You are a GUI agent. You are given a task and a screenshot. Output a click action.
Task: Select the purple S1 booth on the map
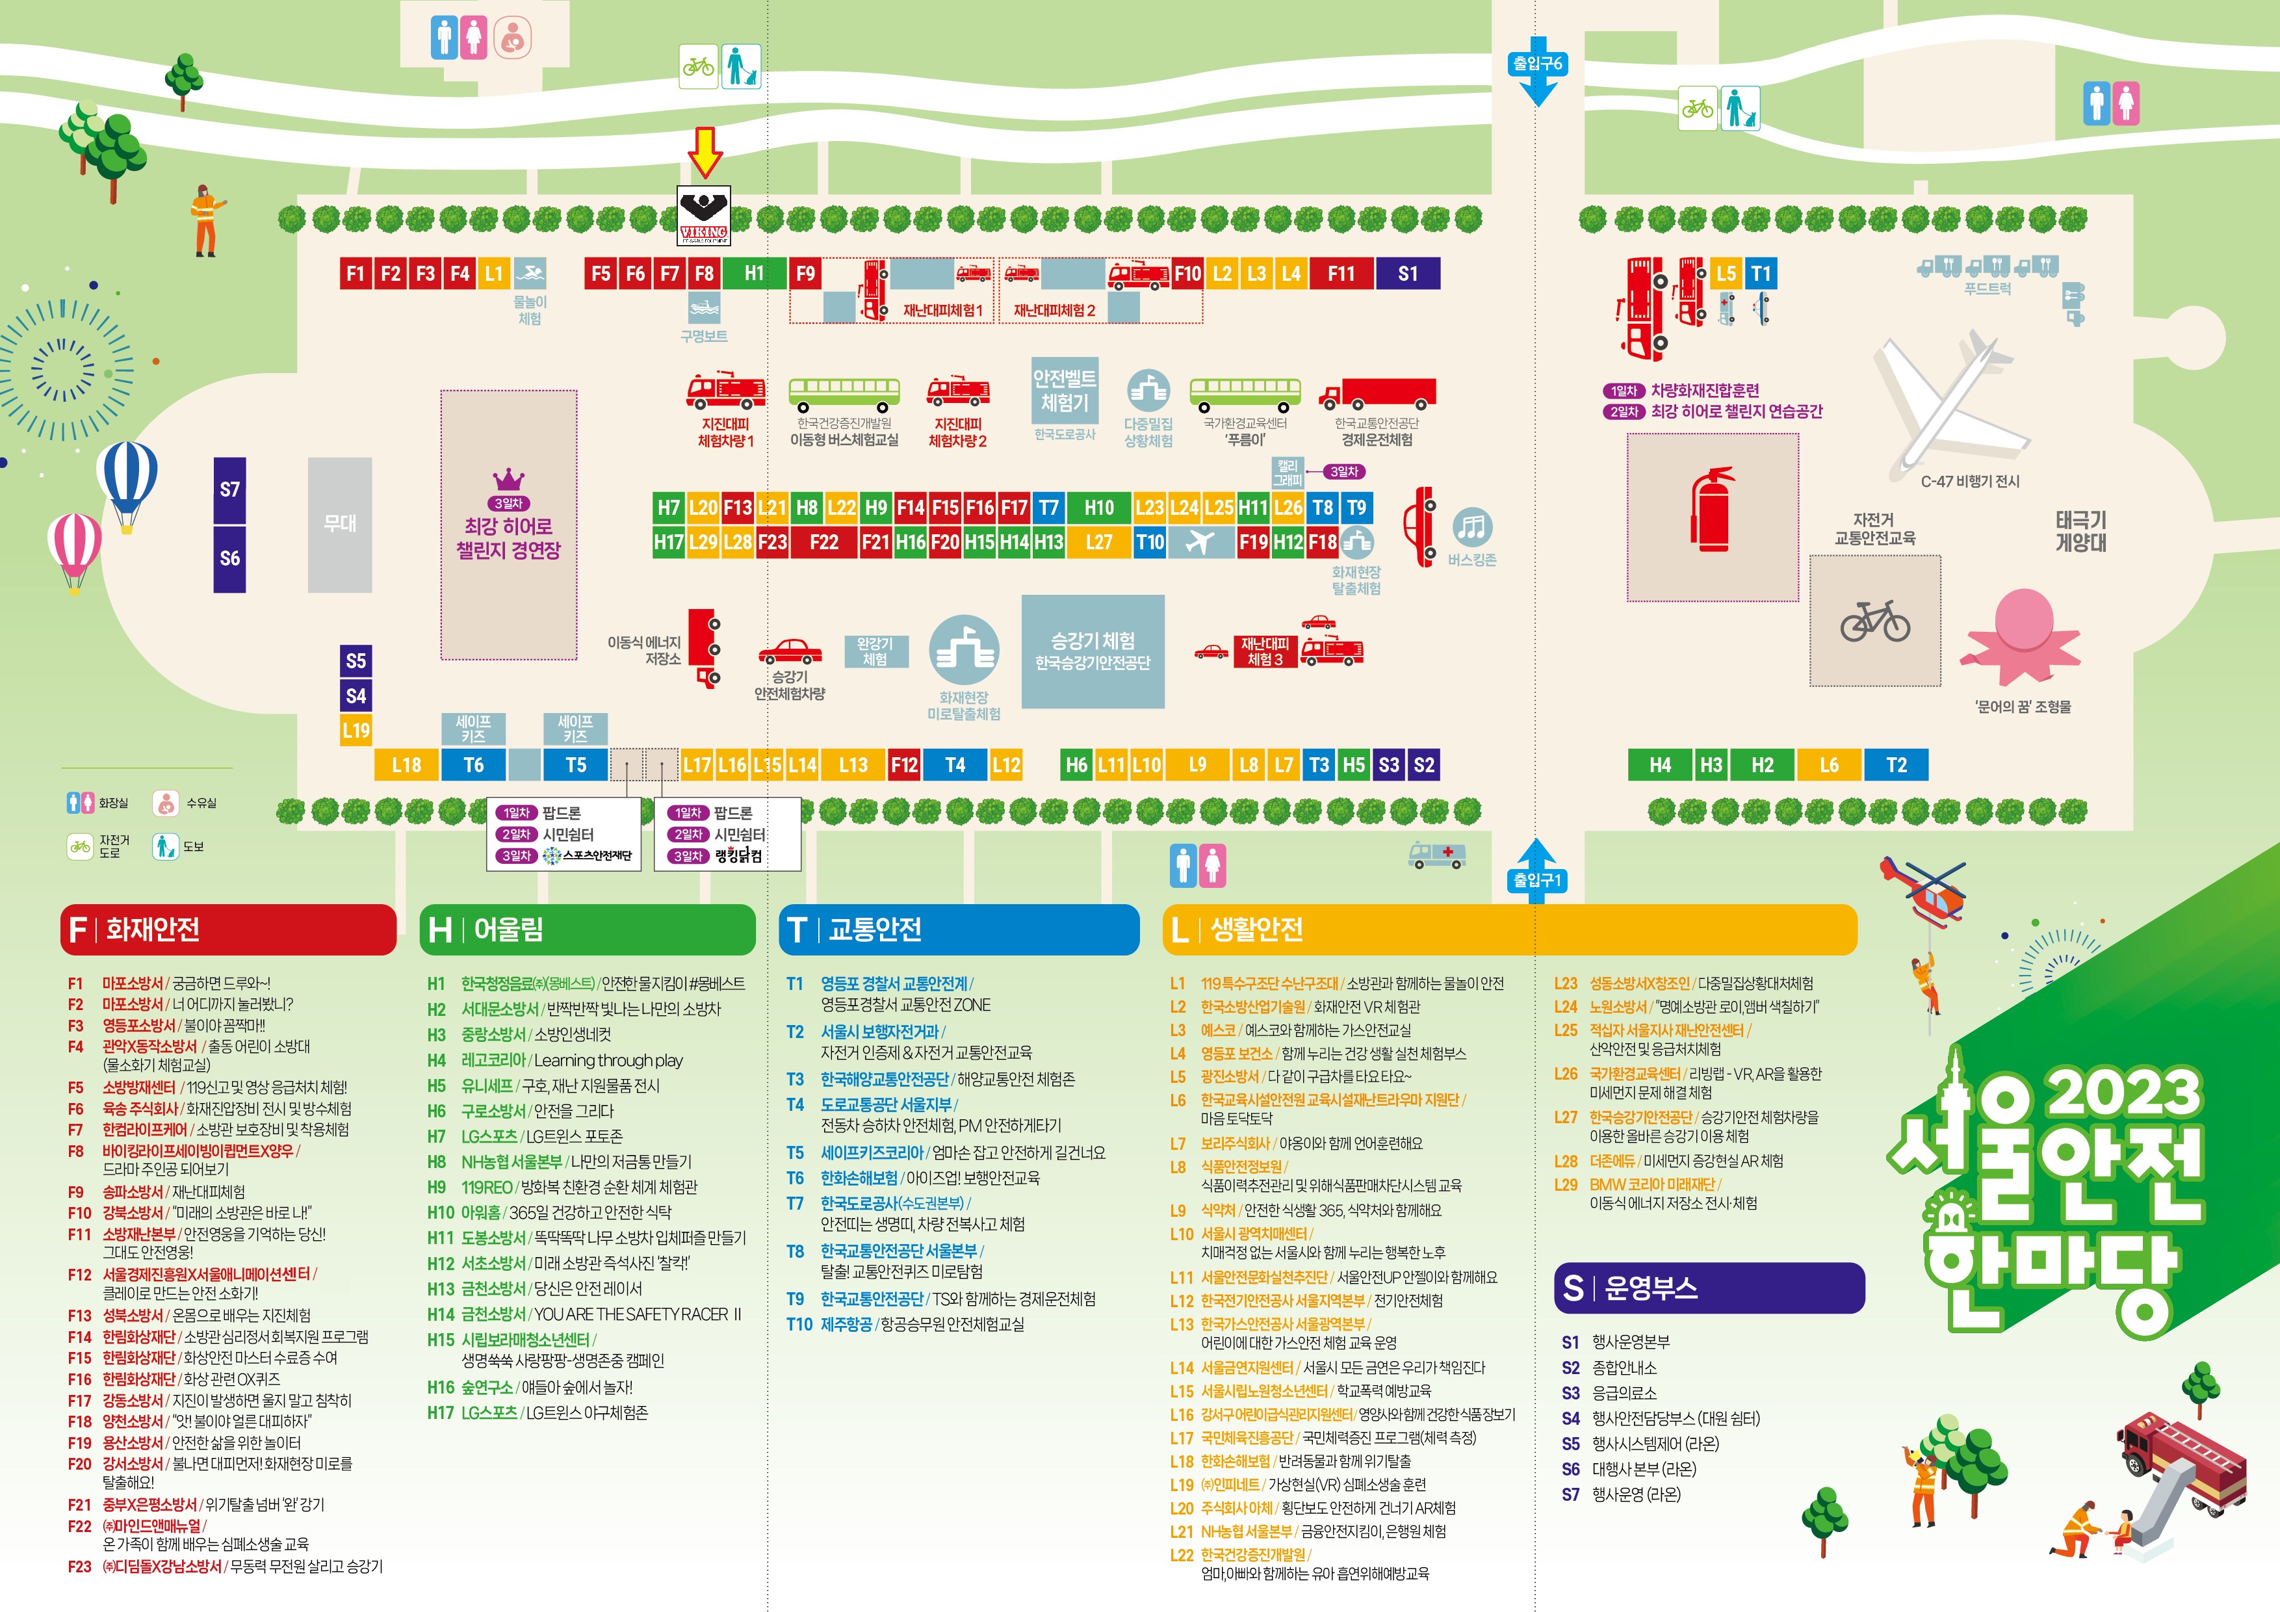click(1407, 273)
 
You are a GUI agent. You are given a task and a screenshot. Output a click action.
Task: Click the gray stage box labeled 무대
click(340, 525)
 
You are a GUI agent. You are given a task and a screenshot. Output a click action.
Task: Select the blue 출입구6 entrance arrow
click(1537, 71)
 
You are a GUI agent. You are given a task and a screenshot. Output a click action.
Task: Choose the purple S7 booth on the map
click(229, 489)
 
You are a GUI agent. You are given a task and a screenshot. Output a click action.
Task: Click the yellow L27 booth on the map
click(1098, 542)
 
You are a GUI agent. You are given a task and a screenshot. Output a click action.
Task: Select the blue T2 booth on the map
click(1896, 765)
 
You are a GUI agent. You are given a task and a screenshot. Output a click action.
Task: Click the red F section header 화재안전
click(228, 929)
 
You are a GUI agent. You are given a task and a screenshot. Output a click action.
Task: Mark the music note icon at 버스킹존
click(1471, 526)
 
